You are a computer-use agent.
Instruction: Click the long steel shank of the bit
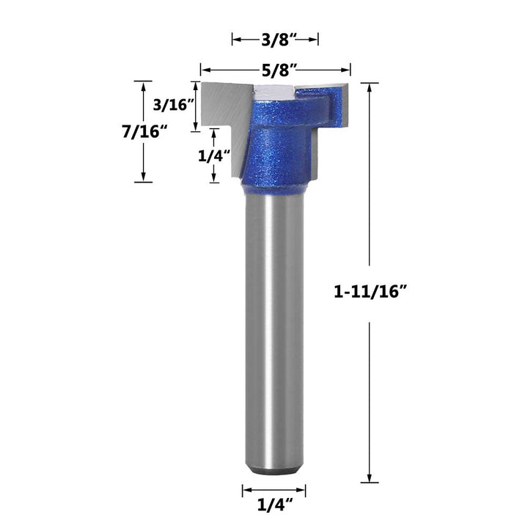[x=274, y=330]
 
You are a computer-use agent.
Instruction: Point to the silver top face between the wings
[x=275, y=90]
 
